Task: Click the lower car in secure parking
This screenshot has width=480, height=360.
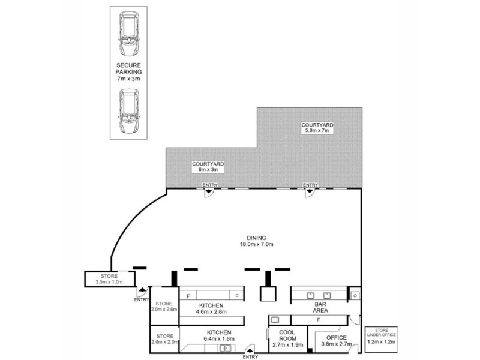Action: (x=130, y=112)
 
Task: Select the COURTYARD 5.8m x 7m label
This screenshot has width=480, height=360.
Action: (x=318, y=128)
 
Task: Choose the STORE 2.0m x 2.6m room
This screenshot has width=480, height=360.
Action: (x=164, y=306)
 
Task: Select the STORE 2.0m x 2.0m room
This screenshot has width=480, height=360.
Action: (x=164, y=340)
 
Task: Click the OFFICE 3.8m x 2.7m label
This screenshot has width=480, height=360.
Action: (x=335, y=341)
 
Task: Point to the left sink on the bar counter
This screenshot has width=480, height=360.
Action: (x=311, y=295)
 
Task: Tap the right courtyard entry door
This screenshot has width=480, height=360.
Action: (x=310, y=191)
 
